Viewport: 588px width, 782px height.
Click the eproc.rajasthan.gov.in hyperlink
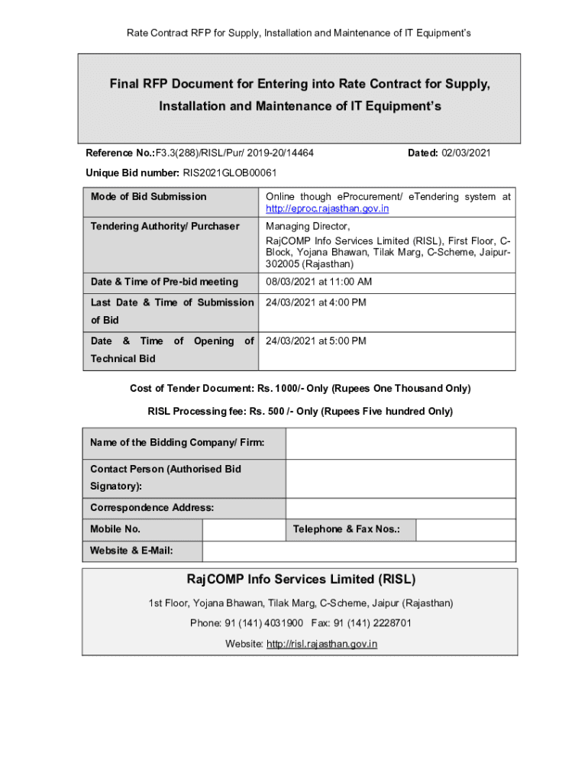point(327,208)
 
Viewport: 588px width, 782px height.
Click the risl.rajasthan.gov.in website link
point(321,644)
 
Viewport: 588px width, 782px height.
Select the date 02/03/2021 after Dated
point(464,153)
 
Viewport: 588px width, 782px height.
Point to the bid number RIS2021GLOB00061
point(229,173)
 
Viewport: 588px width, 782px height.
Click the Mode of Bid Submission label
point(148,197)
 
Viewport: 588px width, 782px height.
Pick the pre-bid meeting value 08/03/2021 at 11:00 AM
point(318,282)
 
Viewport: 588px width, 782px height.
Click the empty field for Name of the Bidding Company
point(401,444)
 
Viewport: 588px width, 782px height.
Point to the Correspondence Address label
point(152,508)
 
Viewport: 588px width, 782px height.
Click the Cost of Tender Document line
point(300,389)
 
